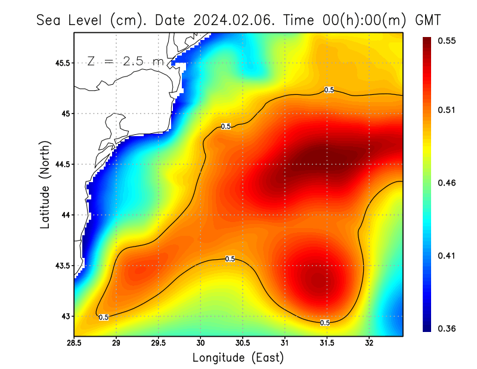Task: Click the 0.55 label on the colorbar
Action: [x=448, y=41]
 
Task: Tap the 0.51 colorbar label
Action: [x=448, y=110]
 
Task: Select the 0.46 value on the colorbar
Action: [x=448, y=183]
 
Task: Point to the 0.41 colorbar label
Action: [x=448, y=256]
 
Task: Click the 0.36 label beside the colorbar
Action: [x=448, y=328]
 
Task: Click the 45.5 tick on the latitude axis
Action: [x=61, y=63]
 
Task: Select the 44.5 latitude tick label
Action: [x=61, y=164]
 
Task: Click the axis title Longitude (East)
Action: [x=238, y=357]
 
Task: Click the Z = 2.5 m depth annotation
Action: [x=125, y=61]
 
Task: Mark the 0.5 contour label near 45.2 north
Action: [x=329, y=90]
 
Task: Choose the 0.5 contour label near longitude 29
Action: [x=104, y=317]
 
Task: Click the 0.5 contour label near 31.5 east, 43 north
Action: [x=325, y=322]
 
